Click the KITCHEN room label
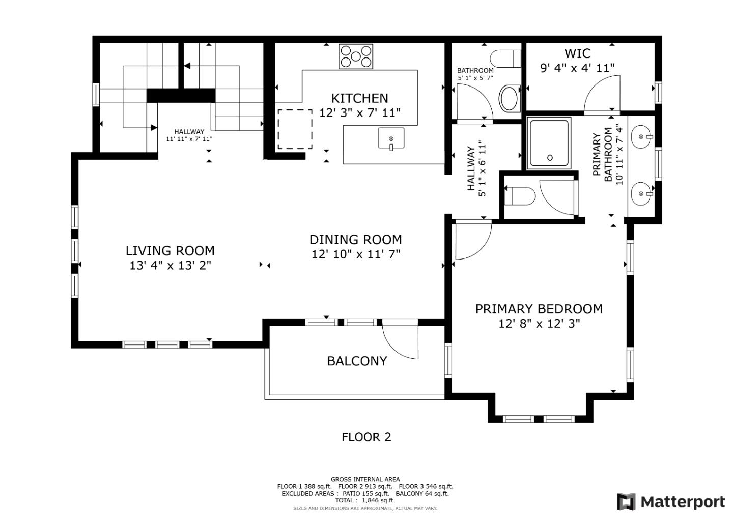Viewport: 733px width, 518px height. [x=359, y=98]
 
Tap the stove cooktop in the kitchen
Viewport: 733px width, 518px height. [x=356, y=56]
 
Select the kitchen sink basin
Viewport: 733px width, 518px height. [x=391, y=138]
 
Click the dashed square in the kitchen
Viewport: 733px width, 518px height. [x=295, y=129]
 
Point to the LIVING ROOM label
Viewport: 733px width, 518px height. [x=170, y=251]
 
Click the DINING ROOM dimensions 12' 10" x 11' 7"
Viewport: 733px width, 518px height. [x=356, y=254]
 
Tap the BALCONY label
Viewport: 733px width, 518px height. [x=357, y=361]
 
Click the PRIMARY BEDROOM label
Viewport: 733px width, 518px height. [x=539, y=309]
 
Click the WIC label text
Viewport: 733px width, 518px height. [x=578, y=53]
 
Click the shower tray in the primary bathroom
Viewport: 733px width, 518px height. [x=549, y=143]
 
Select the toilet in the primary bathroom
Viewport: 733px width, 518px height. [x=520, y=196]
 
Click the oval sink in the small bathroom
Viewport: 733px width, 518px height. [x=509, y=98]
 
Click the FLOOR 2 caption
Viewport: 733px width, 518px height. [x=366, y=437]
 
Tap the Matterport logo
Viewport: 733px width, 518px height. [x=671, y=502]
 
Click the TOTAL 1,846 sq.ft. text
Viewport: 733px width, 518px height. [x=365, y=500]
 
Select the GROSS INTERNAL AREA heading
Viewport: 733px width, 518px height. [x=365, y=479]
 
